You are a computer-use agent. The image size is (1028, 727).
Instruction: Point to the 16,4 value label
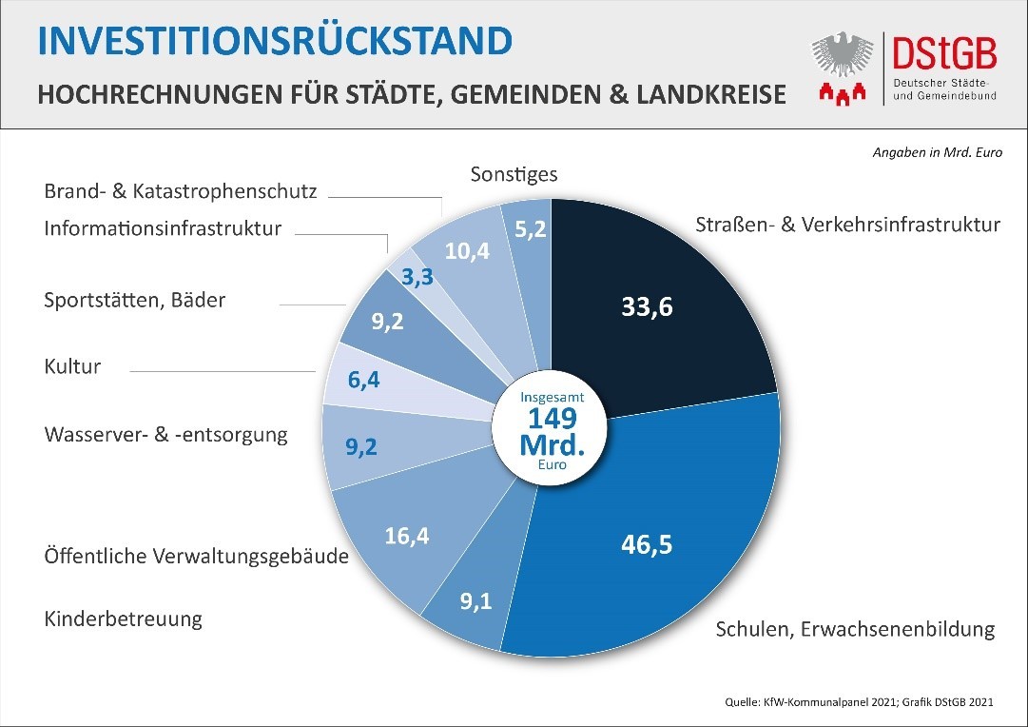(x=407, y=536)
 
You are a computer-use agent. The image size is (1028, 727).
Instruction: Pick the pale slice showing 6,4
(x=363, y=380)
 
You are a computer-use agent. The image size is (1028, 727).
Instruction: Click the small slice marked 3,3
(x=418, y=277)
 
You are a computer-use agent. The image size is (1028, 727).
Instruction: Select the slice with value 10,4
(x=466, y=251)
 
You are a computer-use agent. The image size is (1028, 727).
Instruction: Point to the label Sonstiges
(x=514, y=174)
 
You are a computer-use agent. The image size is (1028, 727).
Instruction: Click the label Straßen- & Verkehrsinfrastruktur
(x=847, y=225)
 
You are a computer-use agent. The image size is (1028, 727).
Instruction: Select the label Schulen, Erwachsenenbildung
(x=854, y=629)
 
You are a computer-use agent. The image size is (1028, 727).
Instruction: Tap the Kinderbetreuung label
(x=124, y=619)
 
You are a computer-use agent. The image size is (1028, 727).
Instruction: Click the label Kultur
(x=72, y=366)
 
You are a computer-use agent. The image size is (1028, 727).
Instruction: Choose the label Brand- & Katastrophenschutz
(x=180, y=190)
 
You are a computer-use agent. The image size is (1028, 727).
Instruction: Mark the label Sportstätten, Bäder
(x=135, y=300)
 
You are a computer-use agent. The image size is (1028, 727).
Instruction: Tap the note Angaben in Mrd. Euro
(x=937, y=151)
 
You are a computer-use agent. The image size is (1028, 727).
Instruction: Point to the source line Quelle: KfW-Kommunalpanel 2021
(x=799, y=702)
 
